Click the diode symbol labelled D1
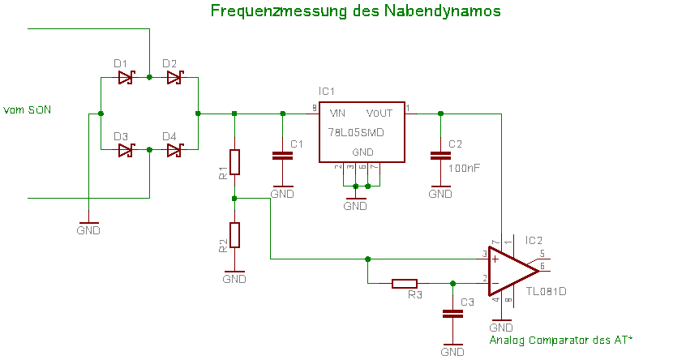coord(125,78)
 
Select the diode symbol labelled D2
coord(174,78)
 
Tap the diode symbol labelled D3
coord(125,150)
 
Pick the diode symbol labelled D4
coord(174,150)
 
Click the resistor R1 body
coord(234,162)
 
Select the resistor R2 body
coord(234,234)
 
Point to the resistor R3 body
coord(405,284)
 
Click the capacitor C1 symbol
coord(281,155)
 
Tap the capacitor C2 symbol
coord(440,155)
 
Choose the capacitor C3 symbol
coord(452,312)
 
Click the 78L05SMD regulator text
coord(356,132)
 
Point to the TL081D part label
coord(546,291)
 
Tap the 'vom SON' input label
coord(28,109)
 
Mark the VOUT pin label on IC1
coord(379,114)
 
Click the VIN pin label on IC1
coord(337,114)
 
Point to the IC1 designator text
coord(327,92)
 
